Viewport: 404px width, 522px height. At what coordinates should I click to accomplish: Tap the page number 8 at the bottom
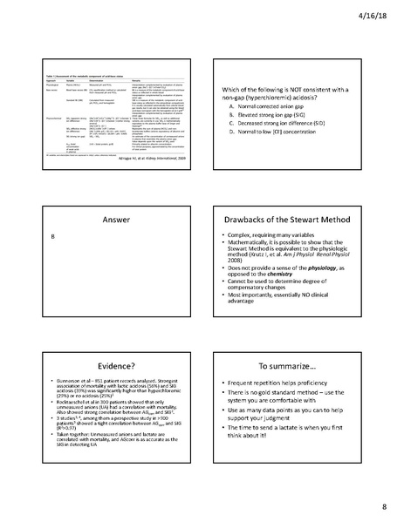(381, 506)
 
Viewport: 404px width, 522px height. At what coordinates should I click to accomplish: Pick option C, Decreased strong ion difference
(290, 125)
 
